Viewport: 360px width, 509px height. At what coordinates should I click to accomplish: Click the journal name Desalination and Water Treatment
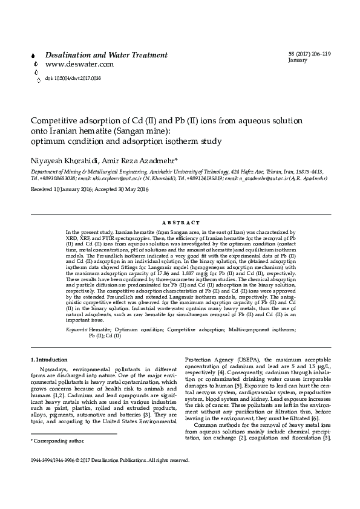click(x=106, y=55)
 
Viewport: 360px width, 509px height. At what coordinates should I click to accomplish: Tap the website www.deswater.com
click(x=79, y=64)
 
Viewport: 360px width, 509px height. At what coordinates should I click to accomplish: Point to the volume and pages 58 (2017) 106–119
click(x=310, y=55)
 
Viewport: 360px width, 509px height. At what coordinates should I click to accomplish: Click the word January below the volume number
click(x=298, y=61)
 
